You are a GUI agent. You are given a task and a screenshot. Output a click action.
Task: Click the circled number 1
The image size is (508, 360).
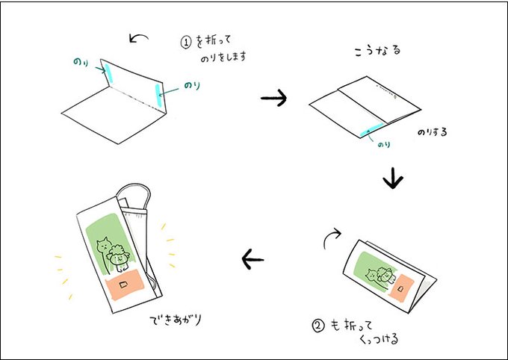(186, 43)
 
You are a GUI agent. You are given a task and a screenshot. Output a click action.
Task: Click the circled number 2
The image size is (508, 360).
(318, 326)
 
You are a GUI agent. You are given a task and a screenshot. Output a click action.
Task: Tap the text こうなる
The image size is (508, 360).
(378, 51)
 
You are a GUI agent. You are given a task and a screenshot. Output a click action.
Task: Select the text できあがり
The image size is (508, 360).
(176, 320)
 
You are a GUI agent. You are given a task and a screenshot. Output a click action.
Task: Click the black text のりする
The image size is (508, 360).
(433, 132)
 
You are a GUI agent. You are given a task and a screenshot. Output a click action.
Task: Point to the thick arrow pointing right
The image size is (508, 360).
(273, 98)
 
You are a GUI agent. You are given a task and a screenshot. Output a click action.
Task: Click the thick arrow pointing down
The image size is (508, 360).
(393, 179)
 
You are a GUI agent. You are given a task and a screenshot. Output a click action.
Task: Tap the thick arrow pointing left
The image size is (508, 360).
(253, 259)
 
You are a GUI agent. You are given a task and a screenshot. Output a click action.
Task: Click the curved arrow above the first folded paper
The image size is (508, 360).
(139, 38)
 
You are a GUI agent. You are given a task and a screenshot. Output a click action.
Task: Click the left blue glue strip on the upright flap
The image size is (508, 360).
(108, 73)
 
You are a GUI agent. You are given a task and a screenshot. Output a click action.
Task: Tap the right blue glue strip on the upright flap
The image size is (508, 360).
(158, 96)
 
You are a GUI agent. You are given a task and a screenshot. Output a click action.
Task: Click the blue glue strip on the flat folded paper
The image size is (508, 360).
(373, 128)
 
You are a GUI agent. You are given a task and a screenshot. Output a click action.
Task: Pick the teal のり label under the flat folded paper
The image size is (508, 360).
(383, 144)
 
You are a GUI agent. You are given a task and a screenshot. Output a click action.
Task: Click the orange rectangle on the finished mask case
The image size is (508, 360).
(125, 285)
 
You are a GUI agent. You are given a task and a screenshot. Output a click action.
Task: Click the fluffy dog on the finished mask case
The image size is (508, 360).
(119, 258)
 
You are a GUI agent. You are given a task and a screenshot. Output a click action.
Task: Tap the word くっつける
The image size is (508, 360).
(379, 339)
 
